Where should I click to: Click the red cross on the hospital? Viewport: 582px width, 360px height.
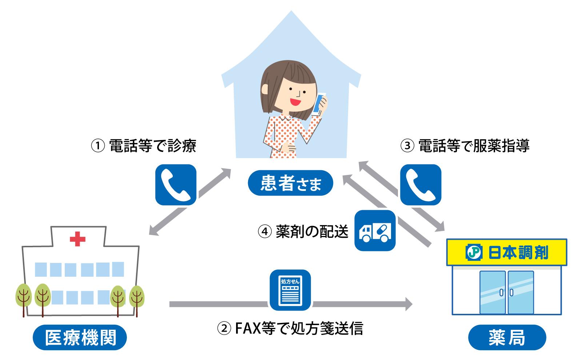(x=77, y=239)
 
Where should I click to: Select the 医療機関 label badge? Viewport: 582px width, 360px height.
(x=80, y=338)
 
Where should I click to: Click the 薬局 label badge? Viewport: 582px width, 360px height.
(x=507, y=338)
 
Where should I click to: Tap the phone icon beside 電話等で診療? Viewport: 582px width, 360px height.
(x=176, y=185)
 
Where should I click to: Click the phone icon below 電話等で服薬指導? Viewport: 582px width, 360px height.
(x=420, y=185)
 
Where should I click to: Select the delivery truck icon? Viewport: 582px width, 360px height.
(x=375, y=231)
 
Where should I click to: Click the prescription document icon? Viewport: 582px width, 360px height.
(x=290, y=290)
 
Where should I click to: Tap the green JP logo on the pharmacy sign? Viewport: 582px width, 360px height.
(x=473, y=252)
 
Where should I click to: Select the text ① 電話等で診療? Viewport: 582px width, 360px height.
(x=143, y=146)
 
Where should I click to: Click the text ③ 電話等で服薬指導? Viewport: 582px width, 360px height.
(x=465, y=146)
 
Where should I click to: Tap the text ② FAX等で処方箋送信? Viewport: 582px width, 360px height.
(x=290, y=329)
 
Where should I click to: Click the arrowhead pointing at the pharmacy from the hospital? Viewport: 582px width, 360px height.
(x=407, y=304)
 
